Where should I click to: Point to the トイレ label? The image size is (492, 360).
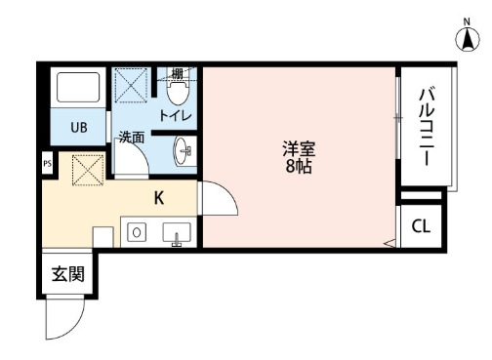click(175, 116)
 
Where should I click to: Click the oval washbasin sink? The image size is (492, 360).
click(182, 152)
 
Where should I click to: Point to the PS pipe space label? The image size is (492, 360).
click(47, 165)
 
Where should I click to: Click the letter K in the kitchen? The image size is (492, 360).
click(157, 197)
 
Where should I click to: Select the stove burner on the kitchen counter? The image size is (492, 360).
click(137, 232)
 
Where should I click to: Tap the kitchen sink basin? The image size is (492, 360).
click(176, 233)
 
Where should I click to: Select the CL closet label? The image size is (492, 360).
click(421, 227)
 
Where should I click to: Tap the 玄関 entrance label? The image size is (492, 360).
click(67, 273)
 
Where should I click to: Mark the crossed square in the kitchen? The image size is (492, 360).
click(89, 170)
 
